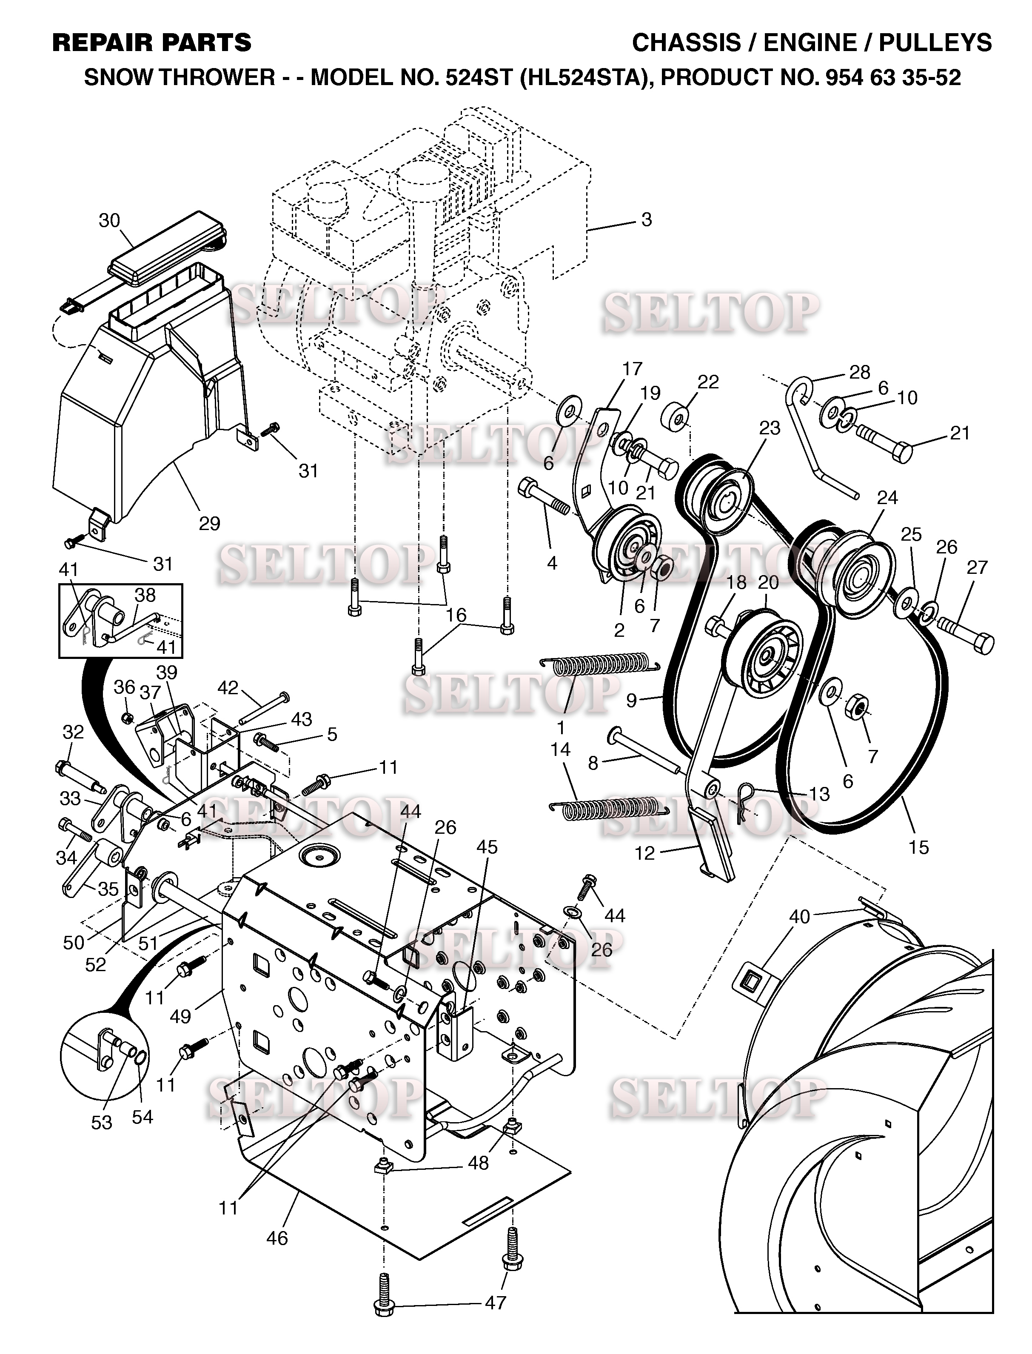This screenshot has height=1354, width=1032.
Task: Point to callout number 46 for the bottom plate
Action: click(277, 1238)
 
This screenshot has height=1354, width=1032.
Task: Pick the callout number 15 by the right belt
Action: click(918, 848)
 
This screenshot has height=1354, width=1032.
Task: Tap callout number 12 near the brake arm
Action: click(644, 853)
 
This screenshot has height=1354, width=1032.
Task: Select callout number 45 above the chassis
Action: click(487, 847)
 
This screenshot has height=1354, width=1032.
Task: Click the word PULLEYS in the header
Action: click(935, 43)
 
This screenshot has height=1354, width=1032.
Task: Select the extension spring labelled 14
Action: click(609, 807)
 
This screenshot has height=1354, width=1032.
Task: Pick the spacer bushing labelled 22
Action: click(675, 417)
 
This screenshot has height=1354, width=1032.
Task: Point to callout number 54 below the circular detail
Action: click(143, 1117)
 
